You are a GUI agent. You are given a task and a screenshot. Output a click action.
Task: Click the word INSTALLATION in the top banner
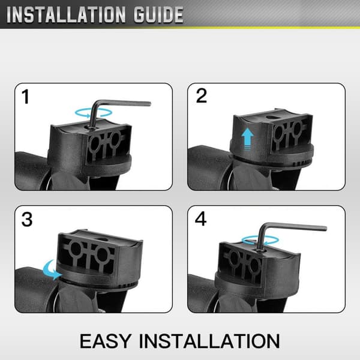pos(66,15)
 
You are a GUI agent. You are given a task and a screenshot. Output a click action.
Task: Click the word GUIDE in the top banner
pos(158,15)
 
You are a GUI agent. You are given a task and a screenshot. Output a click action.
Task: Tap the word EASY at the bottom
pos(106,341)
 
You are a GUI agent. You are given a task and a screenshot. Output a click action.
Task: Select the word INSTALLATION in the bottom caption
pos(209,341)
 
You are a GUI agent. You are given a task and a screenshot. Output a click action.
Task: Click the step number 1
pos(25,97)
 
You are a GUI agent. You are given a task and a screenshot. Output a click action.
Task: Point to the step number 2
pos(202,95)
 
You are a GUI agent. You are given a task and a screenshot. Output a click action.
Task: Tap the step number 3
pos(27,220)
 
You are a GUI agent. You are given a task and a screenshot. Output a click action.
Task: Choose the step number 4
pos(200,219)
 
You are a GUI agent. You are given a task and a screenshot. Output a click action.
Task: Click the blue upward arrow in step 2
pos(247,139)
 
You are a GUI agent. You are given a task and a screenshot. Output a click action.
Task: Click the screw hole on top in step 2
pos(272,117)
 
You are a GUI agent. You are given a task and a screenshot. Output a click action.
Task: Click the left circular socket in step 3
pos(76,250)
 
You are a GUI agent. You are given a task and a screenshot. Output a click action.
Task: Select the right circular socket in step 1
pos(114,139)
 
